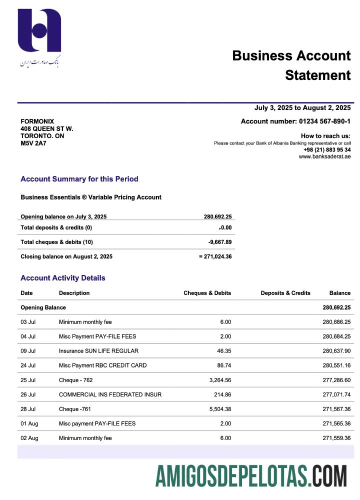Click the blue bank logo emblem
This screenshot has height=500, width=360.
tap(39, 31)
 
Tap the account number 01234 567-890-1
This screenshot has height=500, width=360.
tap(324, 121)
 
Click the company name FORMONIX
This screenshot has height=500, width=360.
tap(37, 121)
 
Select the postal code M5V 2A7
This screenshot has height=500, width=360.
tap(33, 143)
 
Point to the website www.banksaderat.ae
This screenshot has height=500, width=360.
tap(324, 156)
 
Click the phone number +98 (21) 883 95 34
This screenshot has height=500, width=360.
tap(327, 149)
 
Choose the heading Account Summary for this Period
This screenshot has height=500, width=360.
tap(79, 179)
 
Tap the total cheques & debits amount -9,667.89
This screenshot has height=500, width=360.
tap(220, 242)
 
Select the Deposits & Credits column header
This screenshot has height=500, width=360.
tap(285, 293)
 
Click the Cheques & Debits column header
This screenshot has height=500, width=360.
tap(207, 293)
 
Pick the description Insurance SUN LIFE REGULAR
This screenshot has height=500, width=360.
tap(98, 351)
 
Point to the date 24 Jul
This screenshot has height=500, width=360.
tap(28, 365)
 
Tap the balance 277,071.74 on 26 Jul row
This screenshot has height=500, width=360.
tap(336, 394)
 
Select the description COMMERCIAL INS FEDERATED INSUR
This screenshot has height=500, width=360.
tap(110, 394)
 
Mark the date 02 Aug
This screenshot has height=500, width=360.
tap(29, 438)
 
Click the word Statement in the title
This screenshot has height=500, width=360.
tap(318, 75)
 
